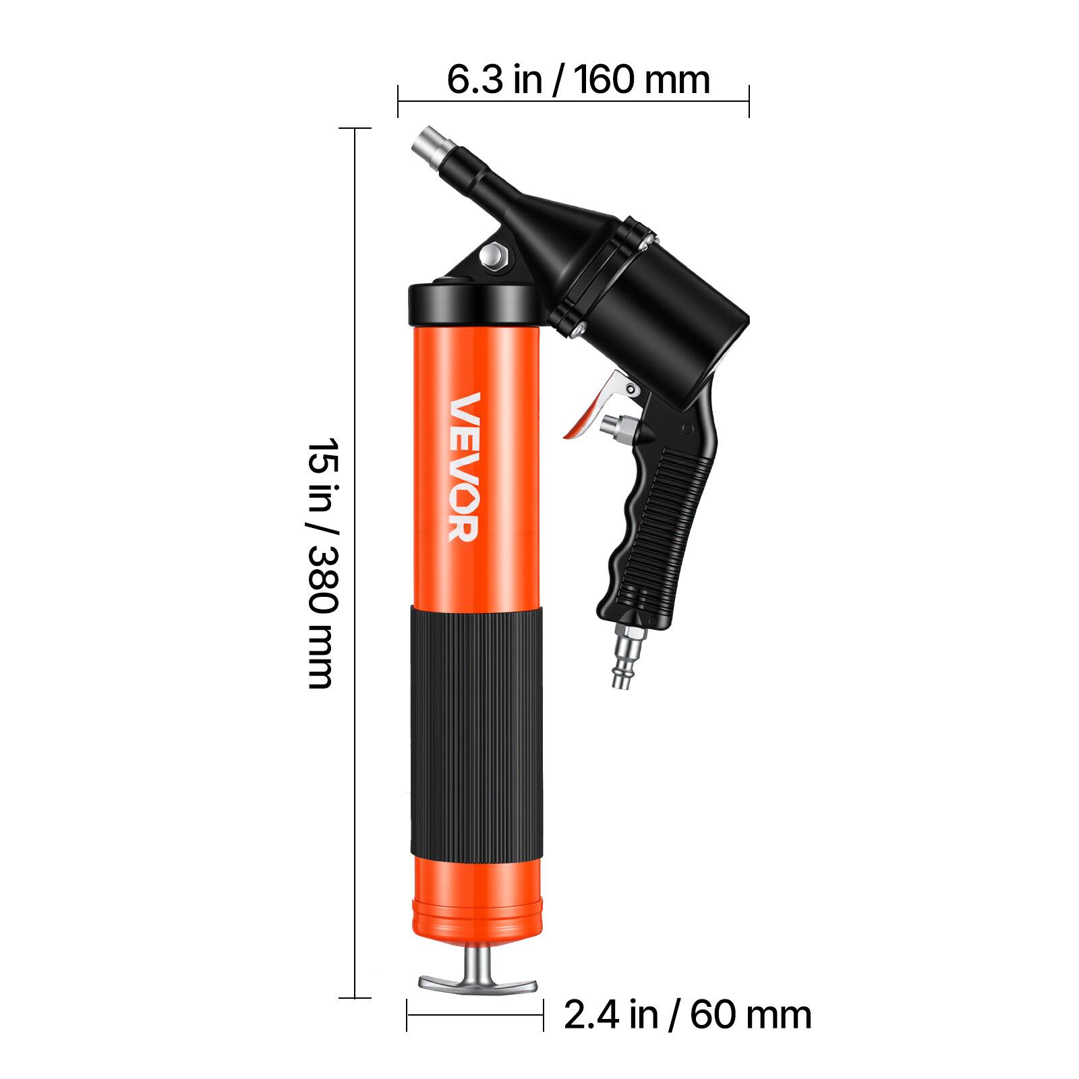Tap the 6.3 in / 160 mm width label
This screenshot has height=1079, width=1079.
click(x=579, y=80)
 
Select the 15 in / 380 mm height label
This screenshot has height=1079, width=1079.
click(x=322, y=563)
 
